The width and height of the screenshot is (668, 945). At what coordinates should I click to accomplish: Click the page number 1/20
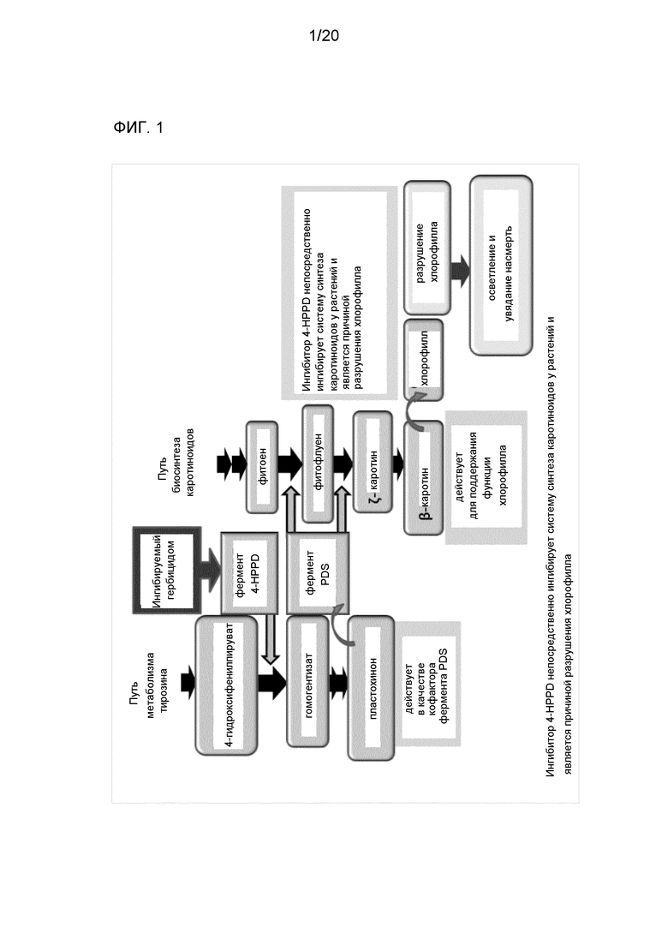click(324, 36)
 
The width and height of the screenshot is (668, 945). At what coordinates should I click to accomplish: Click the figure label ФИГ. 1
click(138, 128)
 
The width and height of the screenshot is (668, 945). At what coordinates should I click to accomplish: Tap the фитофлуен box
click(318, 464)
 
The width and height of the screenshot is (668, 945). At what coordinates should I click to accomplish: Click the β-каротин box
click(423, 478)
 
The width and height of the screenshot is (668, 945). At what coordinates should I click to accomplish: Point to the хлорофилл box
click(423, 360)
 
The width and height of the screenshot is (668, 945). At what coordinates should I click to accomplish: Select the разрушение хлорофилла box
click(427, 247)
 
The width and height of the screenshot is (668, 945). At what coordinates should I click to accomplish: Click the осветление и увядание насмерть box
click(501, 266)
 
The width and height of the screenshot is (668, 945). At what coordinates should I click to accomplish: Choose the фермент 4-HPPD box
click(249, 572)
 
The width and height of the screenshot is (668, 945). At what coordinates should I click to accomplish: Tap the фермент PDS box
click(318, 572)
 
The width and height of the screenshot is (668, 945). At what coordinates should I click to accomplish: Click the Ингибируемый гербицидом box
click(167, 570)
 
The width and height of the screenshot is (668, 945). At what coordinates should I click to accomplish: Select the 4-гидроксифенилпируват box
click(226, 686)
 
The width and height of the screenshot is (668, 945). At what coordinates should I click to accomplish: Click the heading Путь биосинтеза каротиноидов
click(176, 464)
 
